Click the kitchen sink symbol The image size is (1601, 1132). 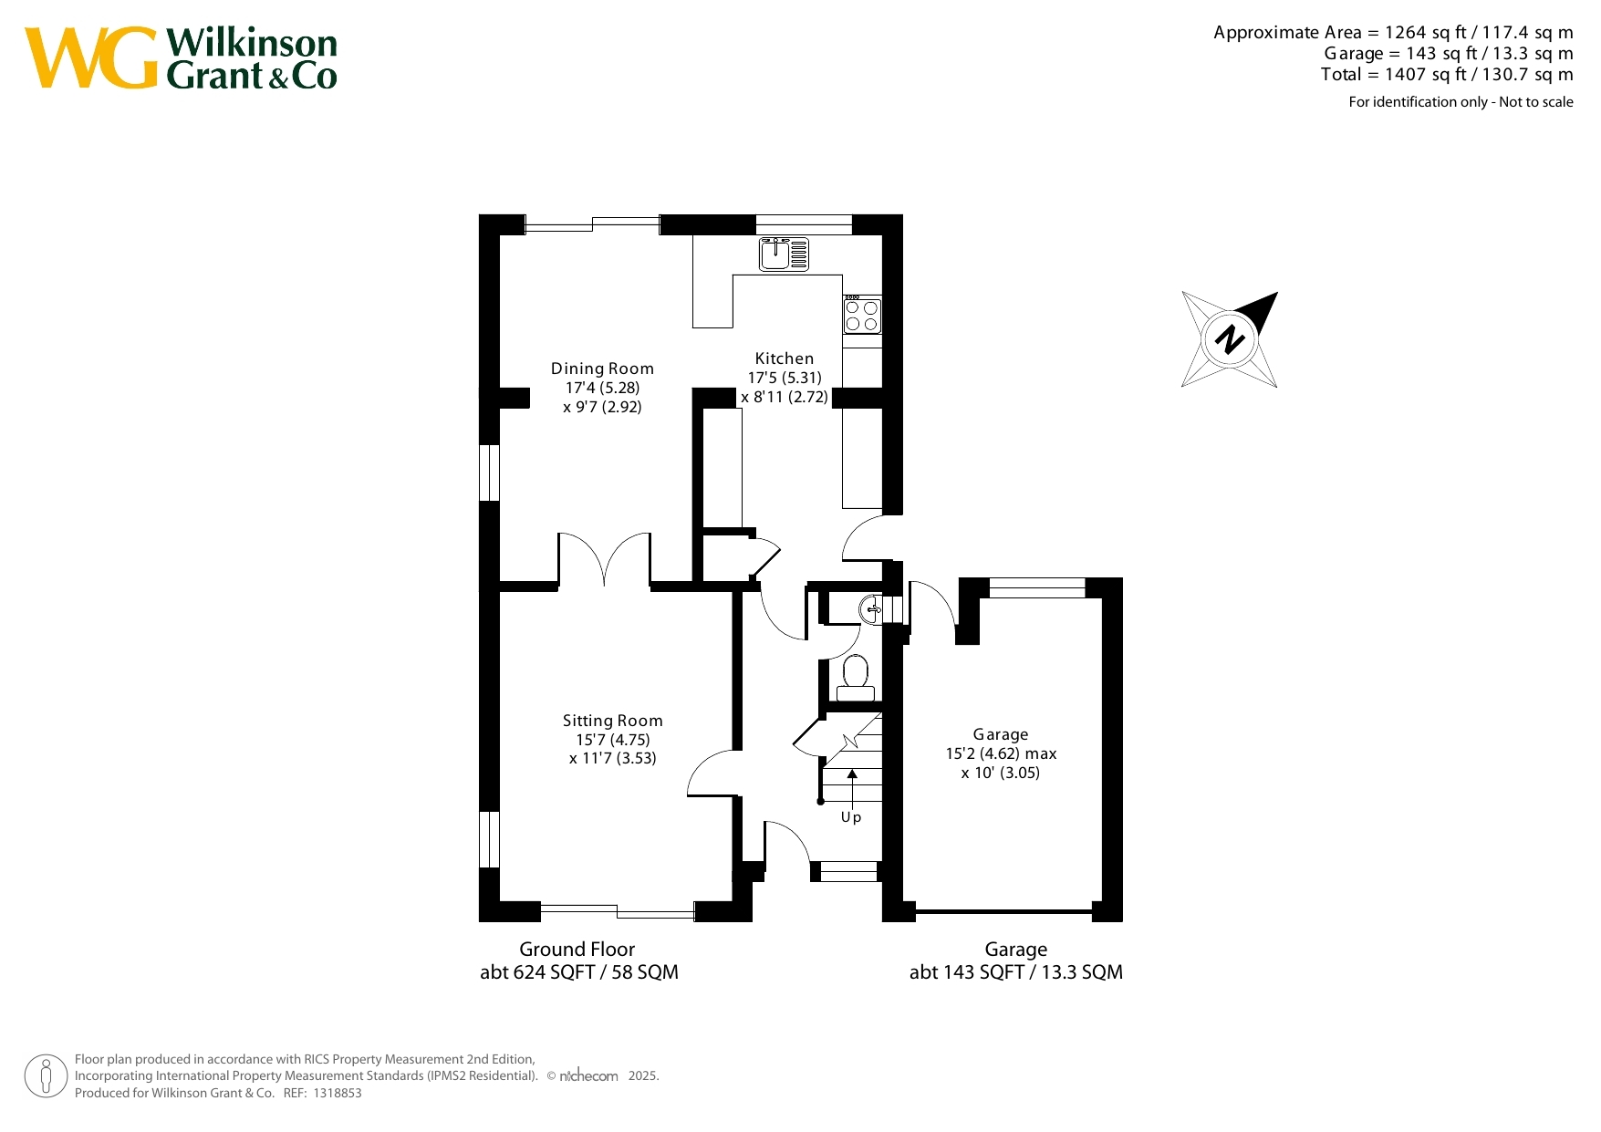pyautogui.click(x=785, y=254)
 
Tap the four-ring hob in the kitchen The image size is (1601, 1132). pyautogui.click(x=862, y=315)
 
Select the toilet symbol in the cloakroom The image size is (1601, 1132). pyautogui.click(x=856, y=678)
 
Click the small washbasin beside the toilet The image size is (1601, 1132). pyautogui.click(x=871, y=608)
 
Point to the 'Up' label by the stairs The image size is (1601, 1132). pyautogui.click(x=851, y=817)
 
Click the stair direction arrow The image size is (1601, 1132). pyautogui.click(x=852, y=786)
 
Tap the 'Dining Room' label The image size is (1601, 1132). pyautogui.click(x=602, y=369)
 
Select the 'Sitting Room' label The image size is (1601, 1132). pyautogui.click(x=613, y=721)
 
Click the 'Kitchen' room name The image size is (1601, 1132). pyautogui.click(x=785, y=358)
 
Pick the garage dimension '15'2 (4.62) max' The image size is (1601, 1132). pyautogui.click(x=1001, y=753)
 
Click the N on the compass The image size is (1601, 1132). pyautogui.click(x=1230, y=339)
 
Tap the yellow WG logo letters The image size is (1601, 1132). pyautogui.click(x=91, y=58)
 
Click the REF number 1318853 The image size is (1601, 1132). pyautogui.click(x=338, y=1093)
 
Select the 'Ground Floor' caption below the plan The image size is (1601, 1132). pyautogui.click(x=577, y=949)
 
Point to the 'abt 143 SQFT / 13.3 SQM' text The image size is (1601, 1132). pyautogui.click(x=1016, y=972)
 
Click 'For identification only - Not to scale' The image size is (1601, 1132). pyautogui.click(x=1461, y=102)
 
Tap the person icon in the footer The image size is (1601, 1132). pyautogui.click(x=46, y=1076)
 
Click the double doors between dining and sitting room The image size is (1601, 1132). pyautogui.click(x=605, y=559)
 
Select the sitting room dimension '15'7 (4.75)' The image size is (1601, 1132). pyautogui.click(x=613, y=740)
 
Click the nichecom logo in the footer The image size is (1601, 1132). pyautogui.click(x=588, y=1076)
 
